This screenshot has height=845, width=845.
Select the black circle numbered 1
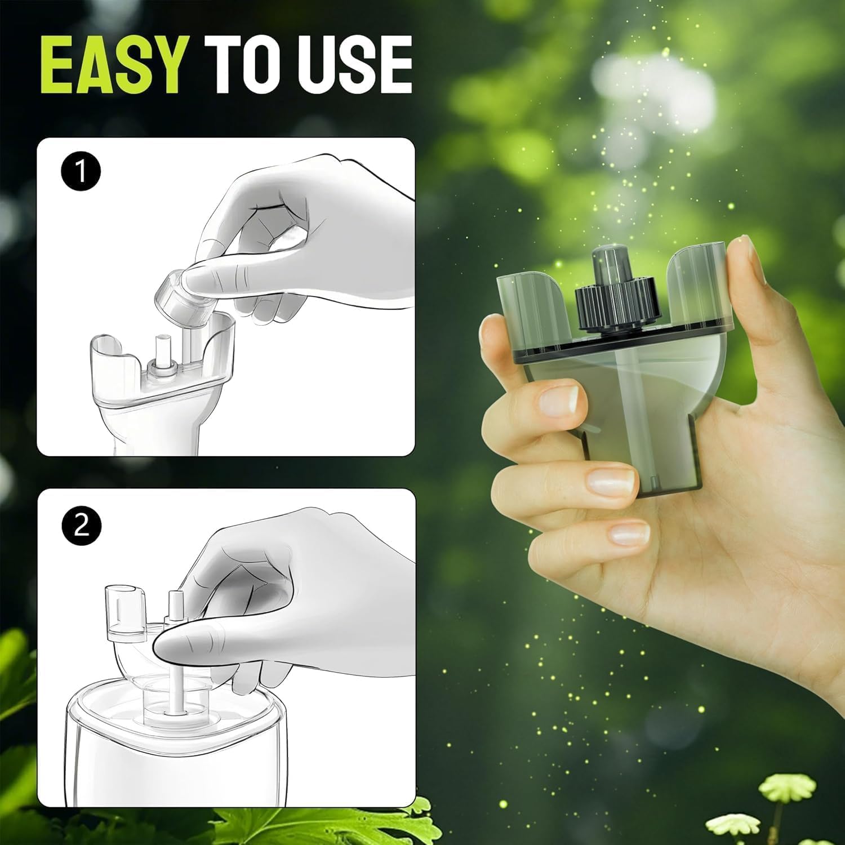(81, 171)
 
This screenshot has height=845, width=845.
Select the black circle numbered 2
(81, 526)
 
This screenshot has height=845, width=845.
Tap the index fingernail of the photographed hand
(558, 401)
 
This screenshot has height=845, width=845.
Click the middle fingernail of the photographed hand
(607, 480)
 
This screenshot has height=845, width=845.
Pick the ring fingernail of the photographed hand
(630, 533)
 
